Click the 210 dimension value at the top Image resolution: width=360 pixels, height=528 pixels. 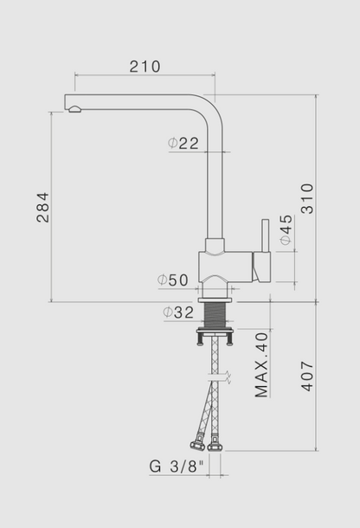point(145,67)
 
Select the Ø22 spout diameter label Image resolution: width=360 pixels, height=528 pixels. point(183,144)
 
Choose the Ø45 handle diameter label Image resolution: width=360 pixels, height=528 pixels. point(286,230)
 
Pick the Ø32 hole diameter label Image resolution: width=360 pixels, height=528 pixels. point(177,312)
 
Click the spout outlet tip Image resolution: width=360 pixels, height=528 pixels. point(73,107)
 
